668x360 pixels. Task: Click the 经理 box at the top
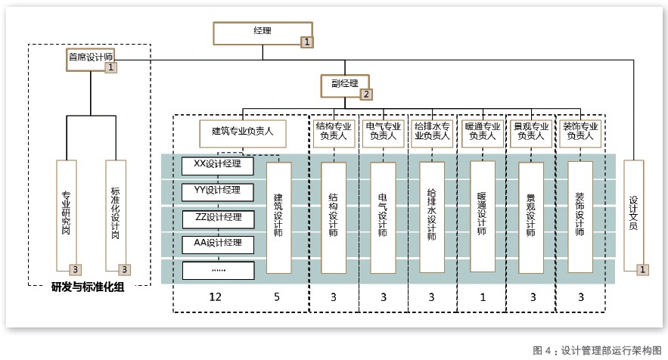tap(262, 33)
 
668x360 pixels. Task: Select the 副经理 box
tap(344, 85)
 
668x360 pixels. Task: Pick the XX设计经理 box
tap(217, 164)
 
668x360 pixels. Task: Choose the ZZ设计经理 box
tap(217, 216)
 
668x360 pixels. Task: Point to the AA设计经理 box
tap(217, 243)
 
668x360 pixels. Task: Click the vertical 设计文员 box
tap(635, 216)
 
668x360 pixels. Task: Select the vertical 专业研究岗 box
tap(67, 216)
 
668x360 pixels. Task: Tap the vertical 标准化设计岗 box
tap(116, 216)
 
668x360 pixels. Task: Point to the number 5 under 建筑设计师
tap(276, 296)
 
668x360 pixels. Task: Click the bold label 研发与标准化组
tap(88, 287)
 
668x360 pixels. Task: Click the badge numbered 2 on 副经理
tap(366, 95)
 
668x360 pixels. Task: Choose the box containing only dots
tap(217, 268)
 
